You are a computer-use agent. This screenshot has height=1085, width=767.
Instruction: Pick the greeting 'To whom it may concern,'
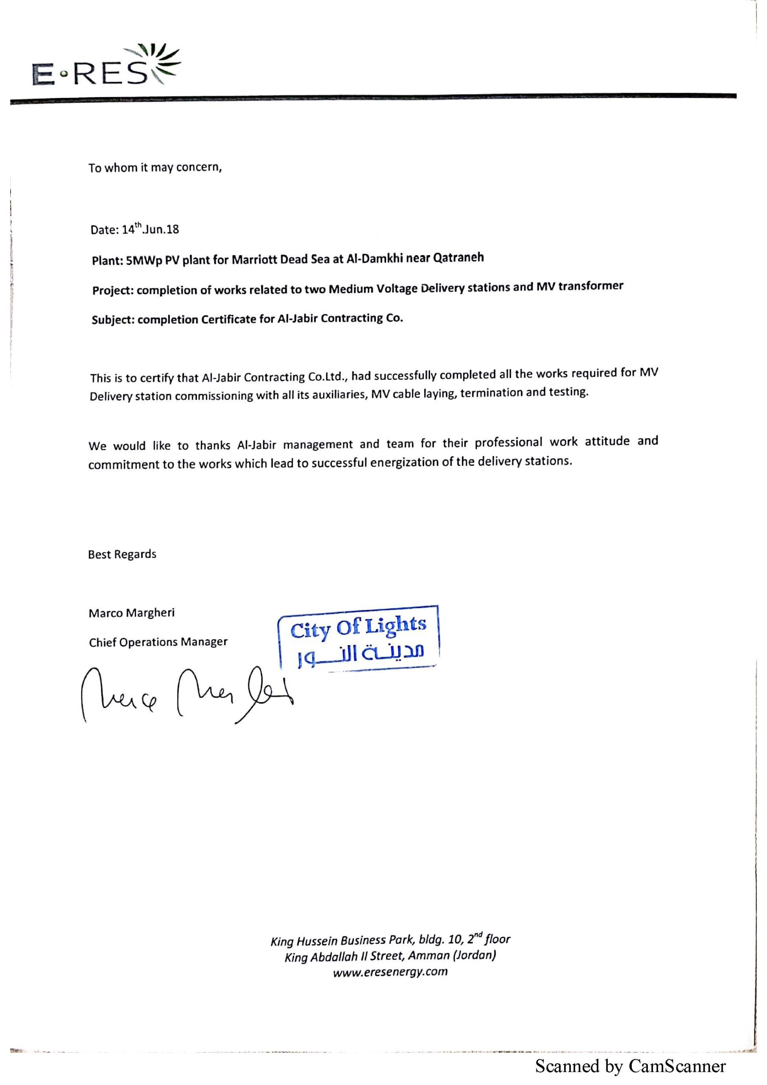(x=155, y=168)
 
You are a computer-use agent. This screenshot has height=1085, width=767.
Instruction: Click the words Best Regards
(x=122, y=554)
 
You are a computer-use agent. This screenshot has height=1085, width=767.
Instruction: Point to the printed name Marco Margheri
(x=131, y=613)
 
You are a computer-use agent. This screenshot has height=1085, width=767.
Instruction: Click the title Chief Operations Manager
(x=158, y=642)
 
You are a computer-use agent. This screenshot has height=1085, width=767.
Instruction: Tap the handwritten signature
(x=187, y=693)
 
